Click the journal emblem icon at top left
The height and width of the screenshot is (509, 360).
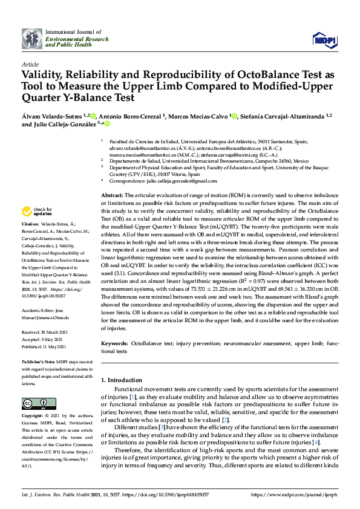point(32,38)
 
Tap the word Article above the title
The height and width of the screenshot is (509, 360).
point(30,63)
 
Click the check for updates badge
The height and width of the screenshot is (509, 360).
point(37,212)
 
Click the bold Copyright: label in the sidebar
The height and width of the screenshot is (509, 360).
point(33,417)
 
